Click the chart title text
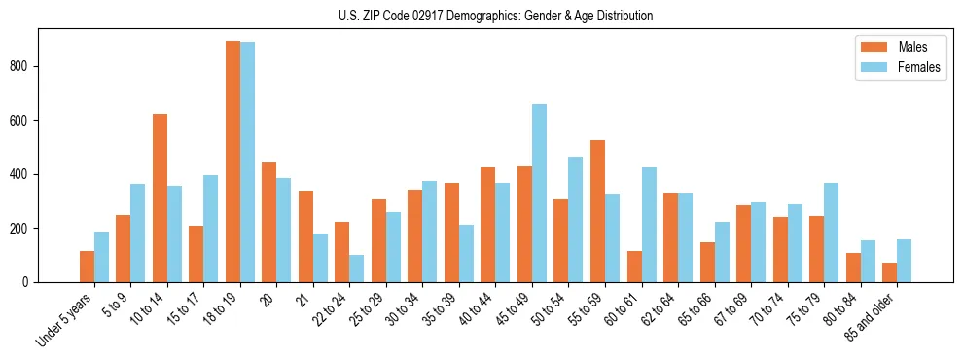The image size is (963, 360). pyautogui.click(x=481, y=16)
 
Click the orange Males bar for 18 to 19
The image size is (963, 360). pyautogui.click(x=232, y=162)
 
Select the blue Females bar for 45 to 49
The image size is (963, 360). pyautogui.click(x=539, y=193)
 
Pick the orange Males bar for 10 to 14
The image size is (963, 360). pyautogui.click(x=160, y=198)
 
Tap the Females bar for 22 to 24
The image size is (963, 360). pyautogui.click(x=357, y=269)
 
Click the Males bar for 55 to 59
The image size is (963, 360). pyautogui.click(x=597, y=211)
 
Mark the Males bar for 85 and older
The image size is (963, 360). pyautogui.click(x=889, y=272)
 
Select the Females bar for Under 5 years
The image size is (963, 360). pyautogui.click(x=101, y=257)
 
